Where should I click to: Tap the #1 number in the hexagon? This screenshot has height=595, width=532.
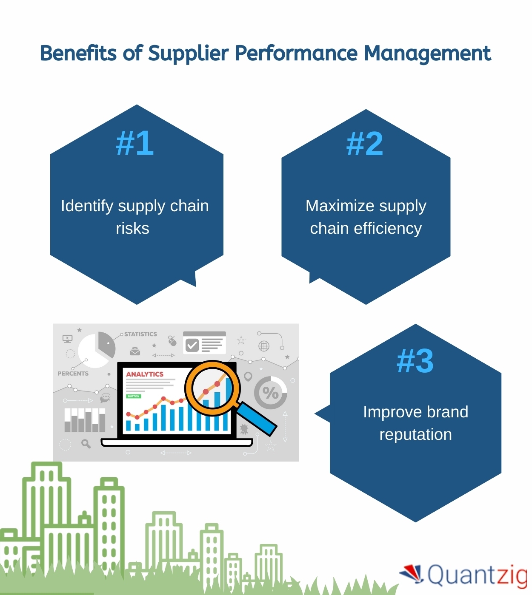tap(134, 143)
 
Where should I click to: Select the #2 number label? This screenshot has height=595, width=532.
tap(365, 144)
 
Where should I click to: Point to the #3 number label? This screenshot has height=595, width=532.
tap(415, 361)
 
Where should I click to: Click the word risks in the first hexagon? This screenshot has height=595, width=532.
tap(132, 229)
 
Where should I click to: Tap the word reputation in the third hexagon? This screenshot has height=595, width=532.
tap(415, 435)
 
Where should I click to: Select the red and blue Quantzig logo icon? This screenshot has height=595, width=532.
tap(412, 573)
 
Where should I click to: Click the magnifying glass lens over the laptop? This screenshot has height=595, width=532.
tap(212, 388)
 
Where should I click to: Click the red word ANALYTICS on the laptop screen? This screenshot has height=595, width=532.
tap(145, 374)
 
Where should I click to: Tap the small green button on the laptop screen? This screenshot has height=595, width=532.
tap(134, 396)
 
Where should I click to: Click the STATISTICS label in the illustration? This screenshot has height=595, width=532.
tap(140, 334)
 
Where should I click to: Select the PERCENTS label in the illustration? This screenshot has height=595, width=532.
tap(73, 374)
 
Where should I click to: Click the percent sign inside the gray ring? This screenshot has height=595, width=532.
tap(271, 393)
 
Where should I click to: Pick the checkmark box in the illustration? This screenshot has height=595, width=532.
tap(192, 345)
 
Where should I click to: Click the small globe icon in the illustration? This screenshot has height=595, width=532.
tap(264, 346)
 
